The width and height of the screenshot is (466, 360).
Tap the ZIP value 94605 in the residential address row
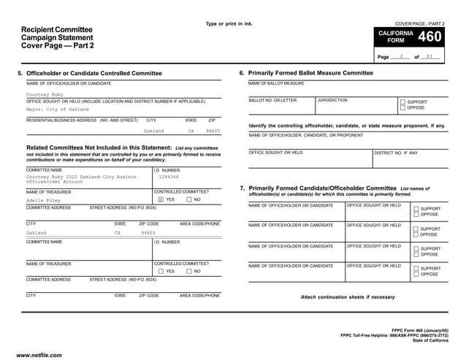pyautogui.click(x=213, y=131)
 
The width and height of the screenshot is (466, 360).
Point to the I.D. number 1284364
pyautogui.click(x=169, y=176)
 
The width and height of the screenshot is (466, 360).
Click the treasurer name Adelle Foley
pyautogui.click(x=45, y=199)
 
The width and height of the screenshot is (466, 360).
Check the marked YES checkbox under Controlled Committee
pyautogui.click(x=161, y=199)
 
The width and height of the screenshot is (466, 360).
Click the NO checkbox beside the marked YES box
pyautogui.click(x=189, y=199)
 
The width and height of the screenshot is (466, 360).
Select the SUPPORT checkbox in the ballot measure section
pyautogui.click(x=402, y=102)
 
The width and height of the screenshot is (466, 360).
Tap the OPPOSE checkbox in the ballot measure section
pyautogui.click(x=402, y=108)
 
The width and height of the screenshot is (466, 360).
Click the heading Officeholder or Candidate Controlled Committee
pyautogui.click(x=94, y=74)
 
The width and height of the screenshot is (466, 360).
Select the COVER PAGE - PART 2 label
pyautogui.click(x=419, y=24)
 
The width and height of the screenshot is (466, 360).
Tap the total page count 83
pyautogui.click(x=429, y=56)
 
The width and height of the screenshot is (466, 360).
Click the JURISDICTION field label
pyautogui.click(x=333, y=100)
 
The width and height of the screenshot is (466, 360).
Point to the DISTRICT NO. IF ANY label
pyautogui.click(x=397, y=153)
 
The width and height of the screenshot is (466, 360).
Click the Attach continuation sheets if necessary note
pyautogui.click(x=347, y=297)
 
